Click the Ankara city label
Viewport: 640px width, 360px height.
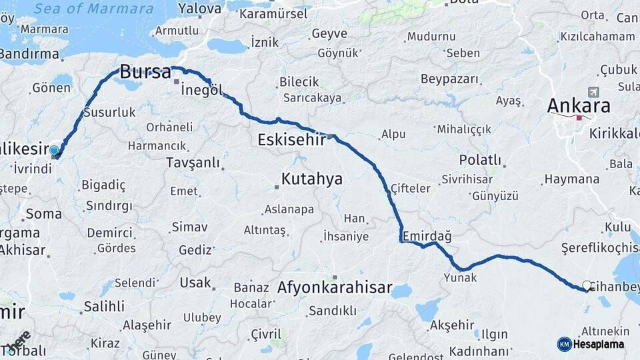pyautogui.click(x=578, y=106)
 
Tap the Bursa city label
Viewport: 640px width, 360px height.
pyautogui.click(x=145, y=72)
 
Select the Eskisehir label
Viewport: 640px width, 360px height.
pyautogui.click(x=291, y=140)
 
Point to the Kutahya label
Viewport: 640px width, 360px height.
pyautogui.click(x=311, y=179)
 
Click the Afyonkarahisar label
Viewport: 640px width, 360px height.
pyautogui.click(x=334, y=288)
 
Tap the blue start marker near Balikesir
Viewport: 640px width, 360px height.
pyautogui.click(x=54, y=151)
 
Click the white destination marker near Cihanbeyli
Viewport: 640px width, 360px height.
pyautogui.click(x=587, y=285)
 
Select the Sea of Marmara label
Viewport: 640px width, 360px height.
pyautogui.click(x=93, y=9)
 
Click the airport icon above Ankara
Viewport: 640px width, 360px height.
pyautogui.click(x=593, y=92)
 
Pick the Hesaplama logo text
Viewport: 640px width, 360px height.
pyautogui.click(x=598, y=344)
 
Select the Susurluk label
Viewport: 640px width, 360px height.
pyautogui.click(x=109, y=113)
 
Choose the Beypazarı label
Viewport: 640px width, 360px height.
pyautogui.click(x=450, y=79)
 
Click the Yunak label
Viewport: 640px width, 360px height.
pyautogui.click(x=460, y=277)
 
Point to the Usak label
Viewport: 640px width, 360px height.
pyautogui.click(x=195, y=283)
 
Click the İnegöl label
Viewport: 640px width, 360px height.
pyautogui.click(x=201, y=91)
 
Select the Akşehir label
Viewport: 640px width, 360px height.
pyautogui.click(x=451, y=325)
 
